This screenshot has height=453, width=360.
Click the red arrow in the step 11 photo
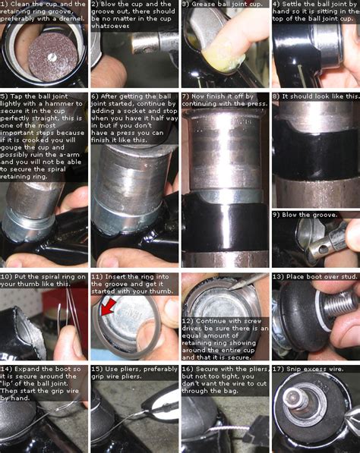(108, 307)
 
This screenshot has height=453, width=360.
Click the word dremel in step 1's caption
(61, 22)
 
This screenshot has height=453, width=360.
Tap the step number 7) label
(186, 97)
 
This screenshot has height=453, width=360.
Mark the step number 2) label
(95, 4)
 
